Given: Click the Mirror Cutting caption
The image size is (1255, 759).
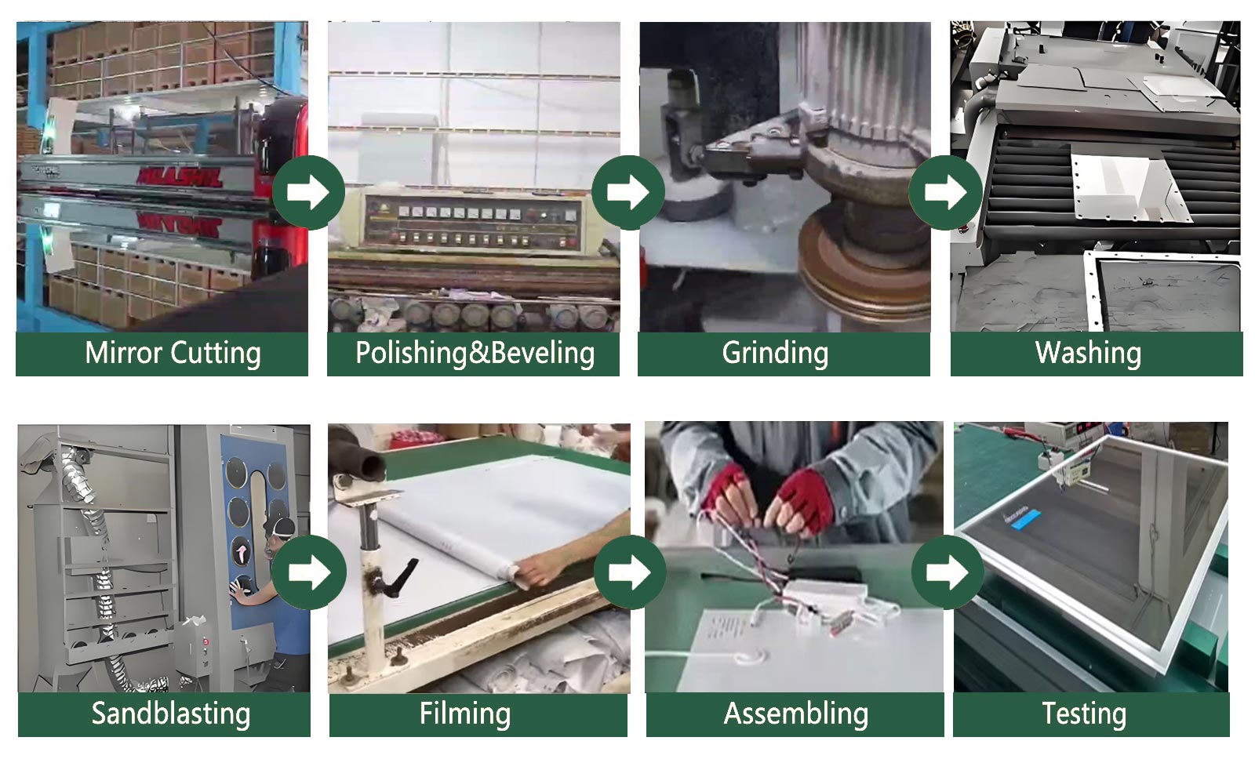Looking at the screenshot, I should (x=173, y=353).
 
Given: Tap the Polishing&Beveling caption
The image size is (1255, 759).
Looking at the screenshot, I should (x=475, y=353).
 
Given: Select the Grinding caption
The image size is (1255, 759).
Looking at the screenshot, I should (x=775, y=353).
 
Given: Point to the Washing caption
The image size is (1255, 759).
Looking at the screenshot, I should (x=1088, y=353).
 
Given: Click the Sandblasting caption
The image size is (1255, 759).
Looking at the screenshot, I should (x=171, y=714).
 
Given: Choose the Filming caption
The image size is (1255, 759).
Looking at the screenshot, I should (x=465, y=714).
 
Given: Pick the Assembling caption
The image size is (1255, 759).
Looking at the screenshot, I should (x=795, y=714).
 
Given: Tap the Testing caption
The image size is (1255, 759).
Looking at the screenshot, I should (x=1084, y=714).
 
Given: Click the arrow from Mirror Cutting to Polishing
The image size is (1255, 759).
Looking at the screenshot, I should (x=308, y=192).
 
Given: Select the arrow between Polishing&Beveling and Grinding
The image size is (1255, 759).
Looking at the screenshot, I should (x=628, y=192).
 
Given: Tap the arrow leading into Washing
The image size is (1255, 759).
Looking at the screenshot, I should (x=946, y=192).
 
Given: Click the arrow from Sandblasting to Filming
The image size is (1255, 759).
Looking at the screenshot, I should (x=309, y=572).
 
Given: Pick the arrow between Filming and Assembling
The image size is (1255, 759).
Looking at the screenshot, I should (x=630, y=572).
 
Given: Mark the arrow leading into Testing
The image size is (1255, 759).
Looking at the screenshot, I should (x=948, y=572).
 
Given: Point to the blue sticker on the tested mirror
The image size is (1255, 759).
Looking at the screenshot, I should (x=1027, y=518).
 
